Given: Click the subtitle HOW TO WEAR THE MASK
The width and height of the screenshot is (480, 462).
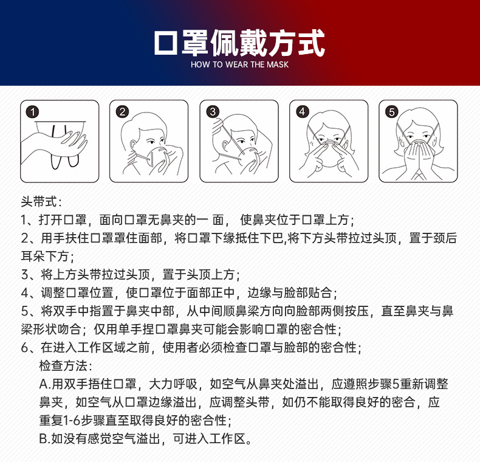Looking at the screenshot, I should [x=239, y=64].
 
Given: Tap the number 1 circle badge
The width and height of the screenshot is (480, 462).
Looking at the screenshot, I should [x=32, y=112].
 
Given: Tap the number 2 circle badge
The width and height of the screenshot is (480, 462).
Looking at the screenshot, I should [x=122, y=112].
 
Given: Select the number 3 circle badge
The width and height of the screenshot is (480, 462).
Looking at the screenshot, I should [x=212, y=112].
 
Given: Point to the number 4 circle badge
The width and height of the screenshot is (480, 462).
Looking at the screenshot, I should [x=302, y=112].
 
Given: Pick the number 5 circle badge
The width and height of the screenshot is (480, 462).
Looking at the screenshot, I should [x=391, y=112].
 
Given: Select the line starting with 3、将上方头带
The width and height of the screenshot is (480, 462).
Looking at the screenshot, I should [x=131, y=274].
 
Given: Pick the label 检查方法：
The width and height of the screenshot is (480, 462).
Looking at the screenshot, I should [x=66, y=365].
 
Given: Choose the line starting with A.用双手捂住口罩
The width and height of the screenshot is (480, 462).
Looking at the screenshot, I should [x=243, y=384].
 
